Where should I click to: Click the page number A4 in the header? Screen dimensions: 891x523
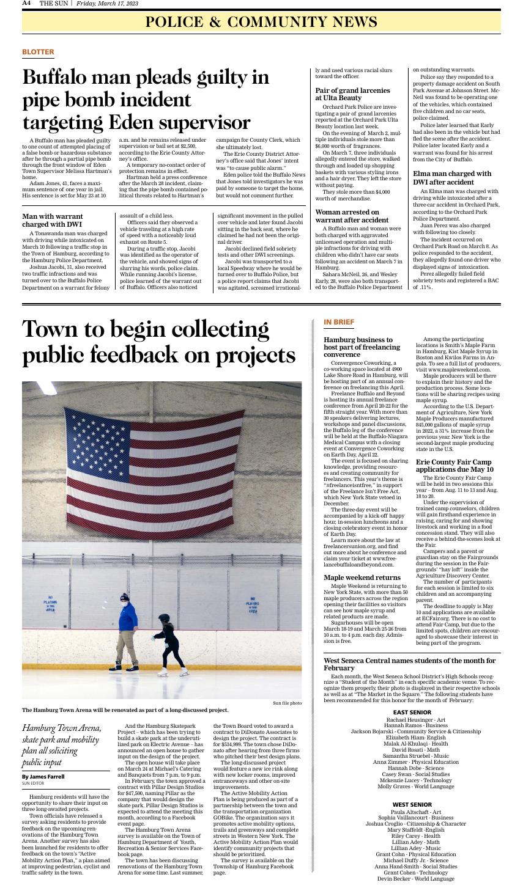pos(26,4)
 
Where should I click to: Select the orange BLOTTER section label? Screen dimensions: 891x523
pos(38,52)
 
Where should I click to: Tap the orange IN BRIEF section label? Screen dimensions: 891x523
pos(338,322)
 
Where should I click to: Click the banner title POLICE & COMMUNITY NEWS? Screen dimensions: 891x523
pos(261,23)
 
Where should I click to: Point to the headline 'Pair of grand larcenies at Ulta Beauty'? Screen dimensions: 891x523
pos(348,94)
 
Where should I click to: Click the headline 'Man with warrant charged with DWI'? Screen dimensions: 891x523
pos(53,221)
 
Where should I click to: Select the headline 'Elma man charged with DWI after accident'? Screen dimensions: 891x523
pos(452,178)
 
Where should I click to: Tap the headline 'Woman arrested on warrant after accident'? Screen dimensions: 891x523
pos(352,216)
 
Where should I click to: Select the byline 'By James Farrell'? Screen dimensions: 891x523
pos(43,776)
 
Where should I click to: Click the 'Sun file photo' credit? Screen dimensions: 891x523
pos(287,703)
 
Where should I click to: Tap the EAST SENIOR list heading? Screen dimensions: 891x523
pos(412,713)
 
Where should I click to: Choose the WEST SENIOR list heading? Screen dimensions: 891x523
pos(412,804)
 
